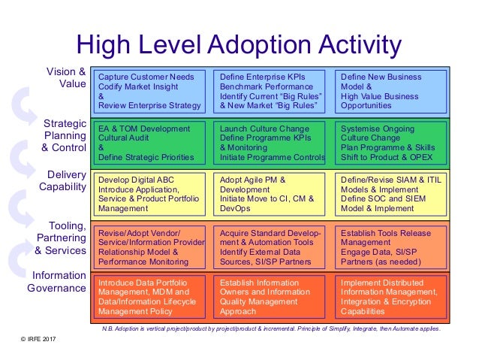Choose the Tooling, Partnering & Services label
coord(61,237)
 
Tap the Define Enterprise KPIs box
coord(270,92)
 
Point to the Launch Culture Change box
coord(270,143)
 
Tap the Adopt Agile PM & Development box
coord(270,193)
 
